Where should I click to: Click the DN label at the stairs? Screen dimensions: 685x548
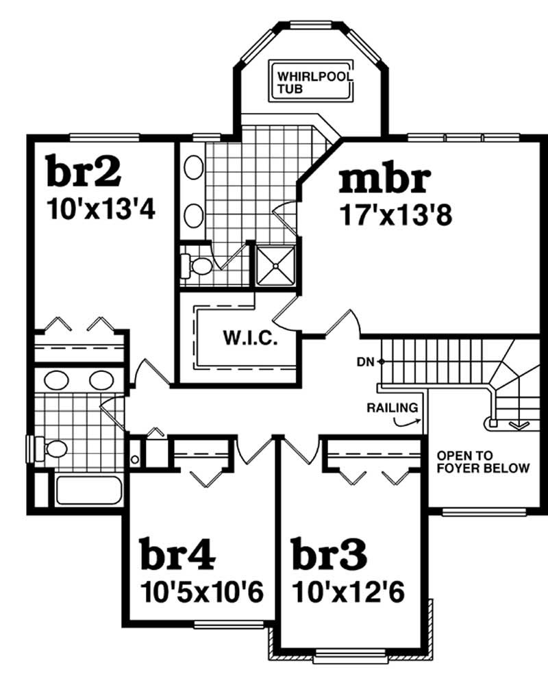[364, 361]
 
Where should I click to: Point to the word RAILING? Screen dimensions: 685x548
[393, 408]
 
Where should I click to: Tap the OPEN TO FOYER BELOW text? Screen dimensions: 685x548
[483, 462]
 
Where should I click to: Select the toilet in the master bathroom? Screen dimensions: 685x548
[197, 265]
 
